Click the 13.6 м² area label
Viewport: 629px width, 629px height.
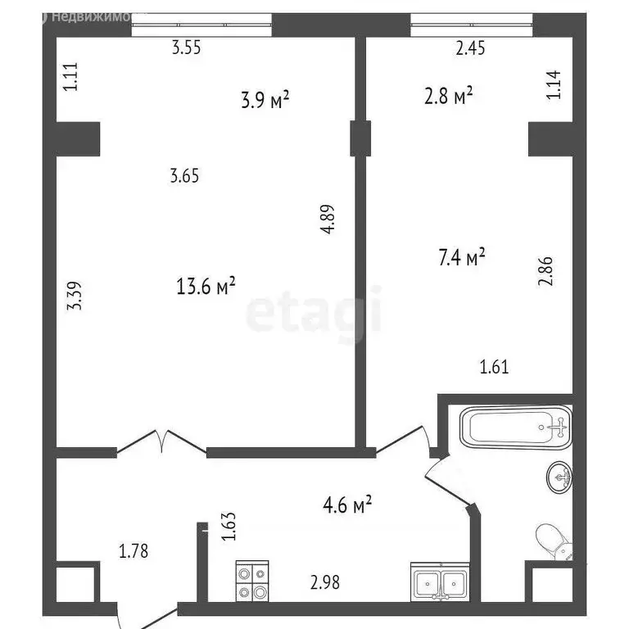pyautogui.click(x=206, y=286)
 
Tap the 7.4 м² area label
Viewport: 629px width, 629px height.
pyautogui.click(x=462, y=259)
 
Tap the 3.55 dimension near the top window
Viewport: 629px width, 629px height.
pyautogui.click(x=186, y=48)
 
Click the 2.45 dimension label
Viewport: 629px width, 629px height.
pyautogui.click(x=471, y=48)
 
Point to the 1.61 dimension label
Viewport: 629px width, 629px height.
pyautogui.click(x=494, y=366)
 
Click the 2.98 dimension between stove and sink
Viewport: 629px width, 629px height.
pyautogui.click(x=325, y=582)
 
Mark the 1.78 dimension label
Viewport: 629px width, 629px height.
pyautogui.click(x=133, y=551)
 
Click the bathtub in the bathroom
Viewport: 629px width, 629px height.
pyautogui.click(x=514, y=428)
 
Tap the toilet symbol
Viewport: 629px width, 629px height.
pyautogui.click(x=552, y=541)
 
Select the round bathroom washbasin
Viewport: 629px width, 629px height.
pyautogui.click(x=559, y=476)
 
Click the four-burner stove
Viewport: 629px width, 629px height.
pyautogui.click(x=252, y=581)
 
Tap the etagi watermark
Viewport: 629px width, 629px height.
pyautogui.click(x=314, y=311)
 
